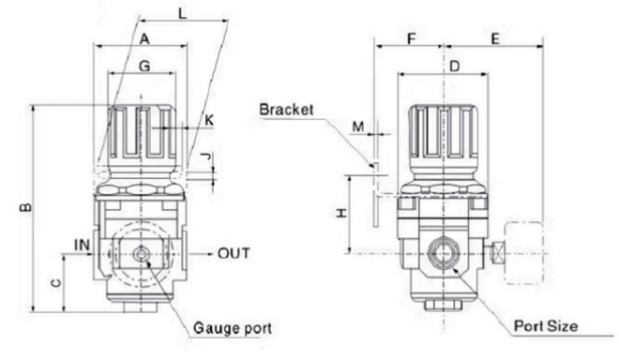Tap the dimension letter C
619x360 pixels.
(57, 280)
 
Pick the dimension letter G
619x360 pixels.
(143, 67)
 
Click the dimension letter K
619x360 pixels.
(208, 121)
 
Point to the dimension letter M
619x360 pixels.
(356, 125)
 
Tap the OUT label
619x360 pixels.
(234, 253)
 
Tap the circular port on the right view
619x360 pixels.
(440, 254)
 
